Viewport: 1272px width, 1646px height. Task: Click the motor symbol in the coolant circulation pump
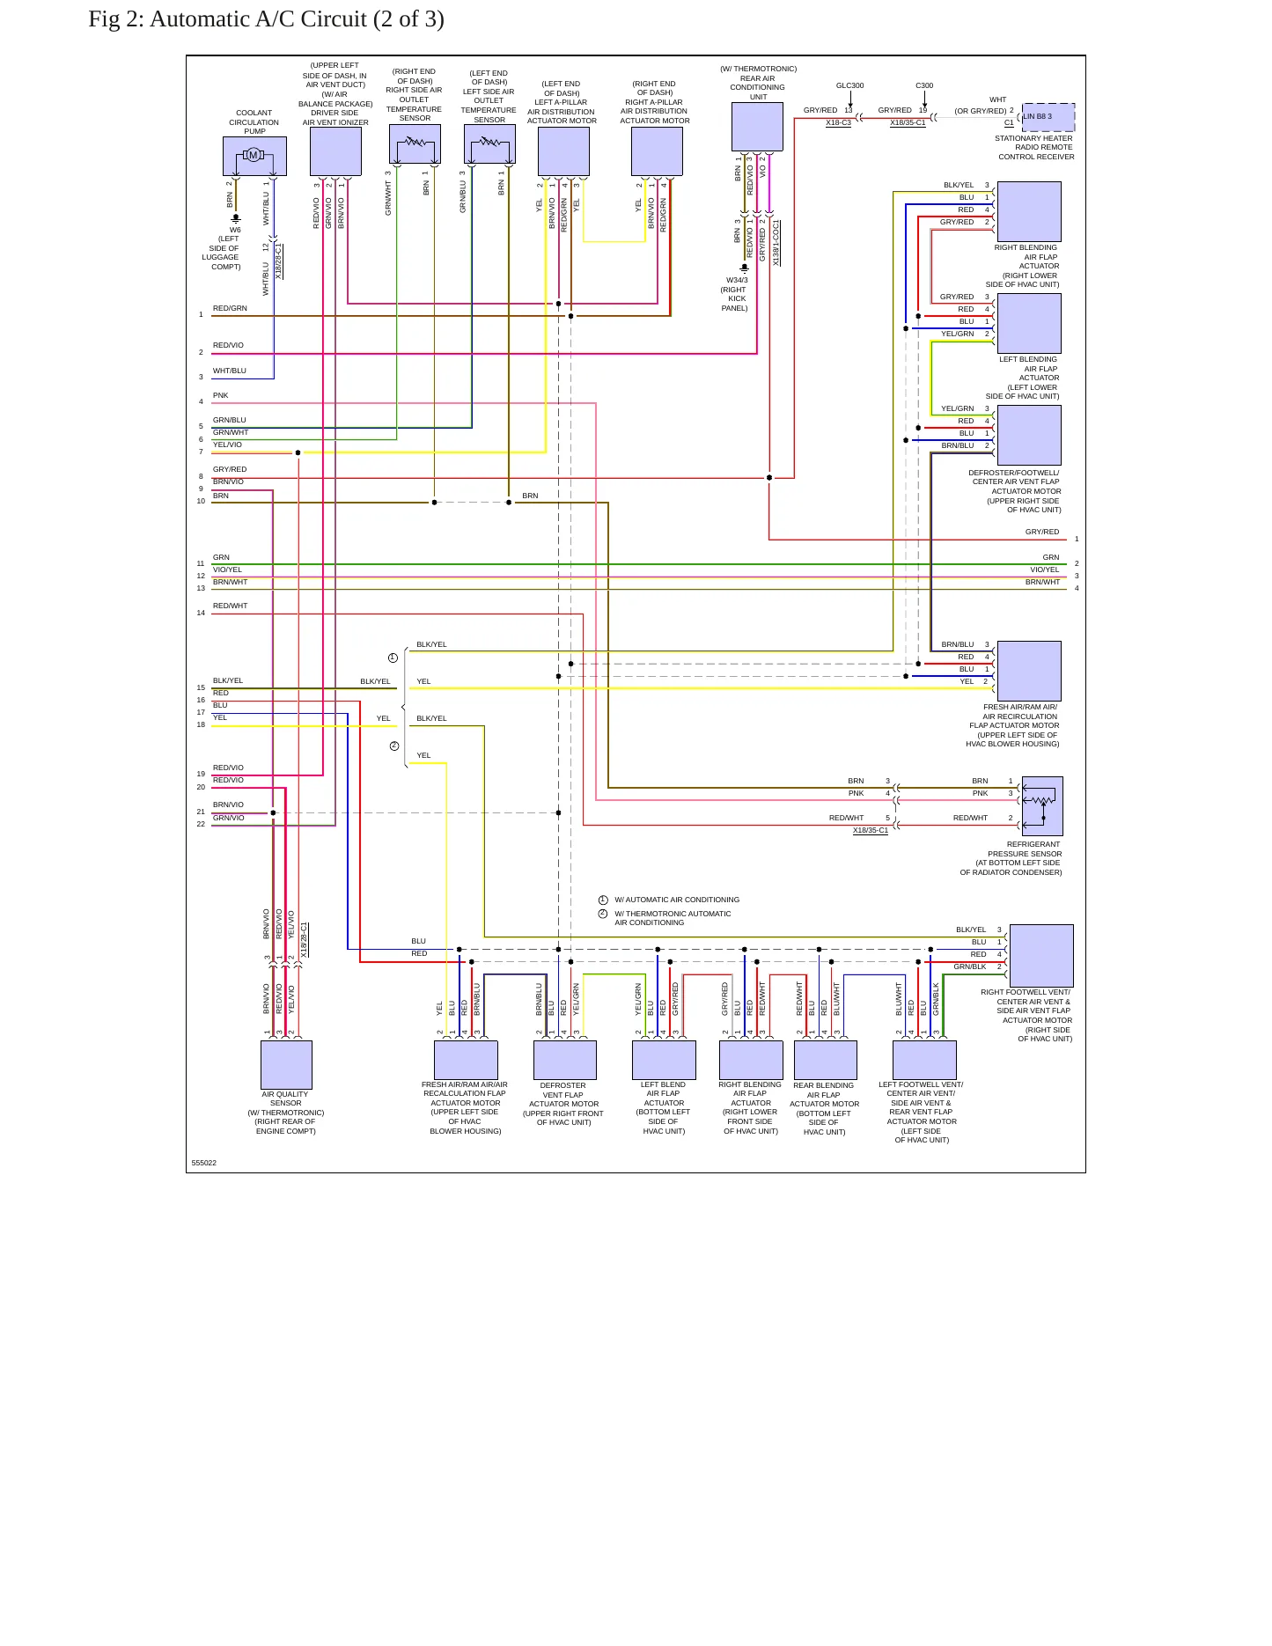click(254, 156)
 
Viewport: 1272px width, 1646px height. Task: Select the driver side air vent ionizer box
click(335, 151)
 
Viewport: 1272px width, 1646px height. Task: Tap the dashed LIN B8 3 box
click(1048, 117)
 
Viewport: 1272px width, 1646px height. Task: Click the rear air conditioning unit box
click(757, 127)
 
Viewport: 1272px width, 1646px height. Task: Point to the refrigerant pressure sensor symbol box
click(1042, 806)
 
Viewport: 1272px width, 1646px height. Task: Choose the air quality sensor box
click(286, 1065)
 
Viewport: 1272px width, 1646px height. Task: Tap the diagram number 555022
click(204, 1163)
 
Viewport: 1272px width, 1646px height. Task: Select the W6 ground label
click(235, 230)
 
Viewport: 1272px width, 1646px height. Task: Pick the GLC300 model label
click(849, 85)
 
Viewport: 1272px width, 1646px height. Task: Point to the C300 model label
click(924, 85)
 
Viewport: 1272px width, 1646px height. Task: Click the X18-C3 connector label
click(838, 123)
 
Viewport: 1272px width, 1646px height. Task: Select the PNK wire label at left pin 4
click(220, 395)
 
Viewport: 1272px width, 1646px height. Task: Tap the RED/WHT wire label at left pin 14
click(230, 606)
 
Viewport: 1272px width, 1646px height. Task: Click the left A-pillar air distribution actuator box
click(563, 151)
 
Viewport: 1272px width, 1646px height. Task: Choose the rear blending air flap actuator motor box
click(826, 1060)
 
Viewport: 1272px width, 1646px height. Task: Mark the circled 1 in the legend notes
click(603, 900)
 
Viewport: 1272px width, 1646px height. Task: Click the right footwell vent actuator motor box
click(1041, 956)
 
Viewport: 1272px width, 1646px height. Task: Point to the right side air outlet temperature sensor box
click(415, 144)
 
